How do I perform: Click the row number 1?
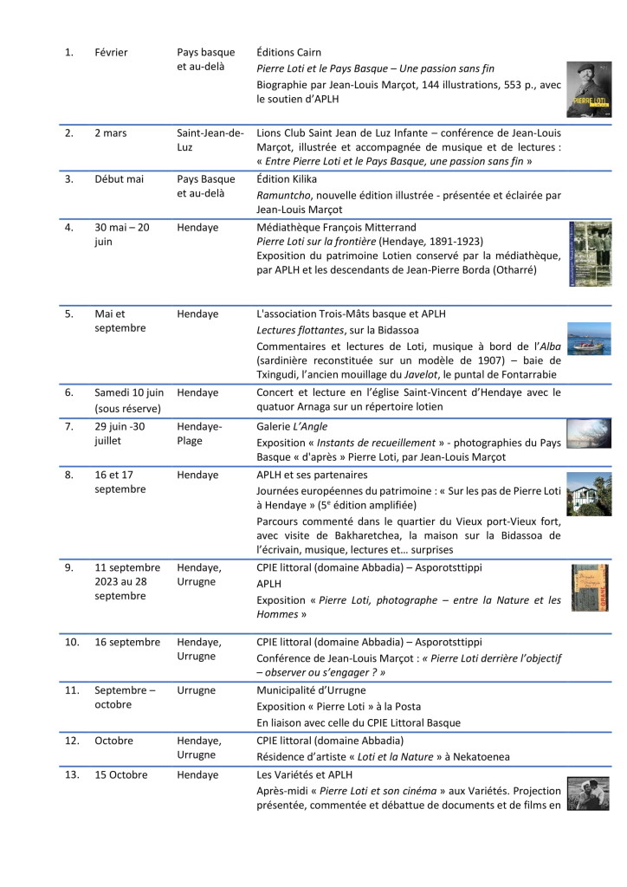click(68, 53)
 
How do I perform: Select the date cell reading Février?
click(112, 53)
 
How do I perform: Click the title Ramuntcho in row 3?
click(285, 194)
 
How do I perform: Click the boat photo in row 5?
click(588, 339)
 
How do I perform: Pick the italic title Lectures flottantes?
click(303, 328)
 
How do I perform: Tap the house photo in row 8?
click(588, 494)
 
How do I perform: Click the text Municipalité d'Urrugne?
click(311, 690)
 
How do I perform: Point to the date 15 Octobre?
click(121, 774)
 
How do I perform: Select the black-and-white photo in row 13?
click(588, 793)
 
